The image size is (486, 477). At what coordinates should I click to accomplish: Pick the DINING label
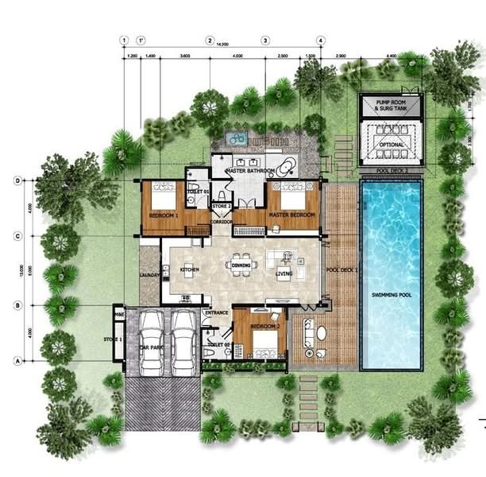point(241,266)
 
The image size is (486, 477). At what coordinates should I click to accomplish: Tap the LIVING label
point(283,274)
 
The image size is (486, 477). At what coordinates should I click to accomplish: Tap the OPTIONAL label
point(390,145)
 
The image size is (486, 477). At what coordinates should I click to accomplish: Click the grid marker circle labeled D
point(17,180)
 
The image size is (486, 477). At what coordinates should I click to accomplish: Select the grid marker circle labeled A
point(17,360)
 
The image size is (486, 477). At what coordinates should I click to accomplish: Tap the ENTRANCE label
point(216,313)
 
